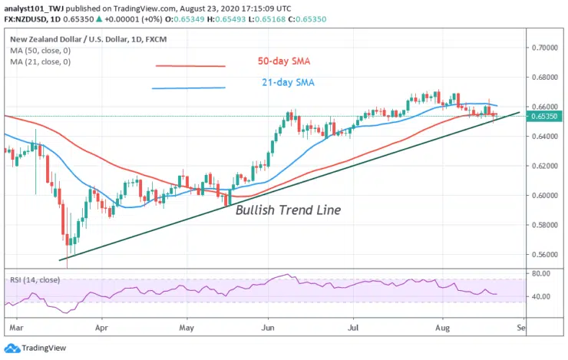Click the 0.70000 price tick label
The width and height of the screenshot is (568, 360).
click(x=547, y=48)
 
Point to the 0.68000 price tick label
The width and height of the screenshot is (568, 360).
click(x=547, y=78)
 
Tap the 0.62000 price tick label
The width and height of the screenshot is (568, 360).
click(x=547, y=166)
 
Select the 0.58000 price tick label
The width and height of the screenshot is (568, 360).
click(x=547, y=225)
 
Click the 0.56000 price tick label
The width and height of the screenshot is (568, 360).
click(x=547, y=255)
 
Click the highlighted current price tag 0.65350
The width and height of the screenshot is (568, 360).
click(x=547, y=117)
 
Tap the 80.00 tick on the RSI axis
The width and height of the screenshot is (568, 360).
click(x=543, y=272)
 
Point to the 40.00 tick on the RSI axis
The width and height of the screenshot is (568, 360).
click(x=543, y=297)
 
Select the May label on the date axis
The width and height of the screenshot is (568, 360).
click(x=187, y=327)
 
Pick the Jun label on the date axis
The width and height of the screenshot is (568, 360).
click(x=269, y=327)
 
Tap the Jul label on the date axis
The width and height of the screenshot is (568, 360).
click(x=353, y=327)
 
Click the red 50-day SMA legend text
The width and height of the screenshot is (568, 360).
click(x=283, y=61)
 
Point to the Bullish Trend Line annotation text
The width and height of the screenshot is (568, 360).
click(x=288, y=210)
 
